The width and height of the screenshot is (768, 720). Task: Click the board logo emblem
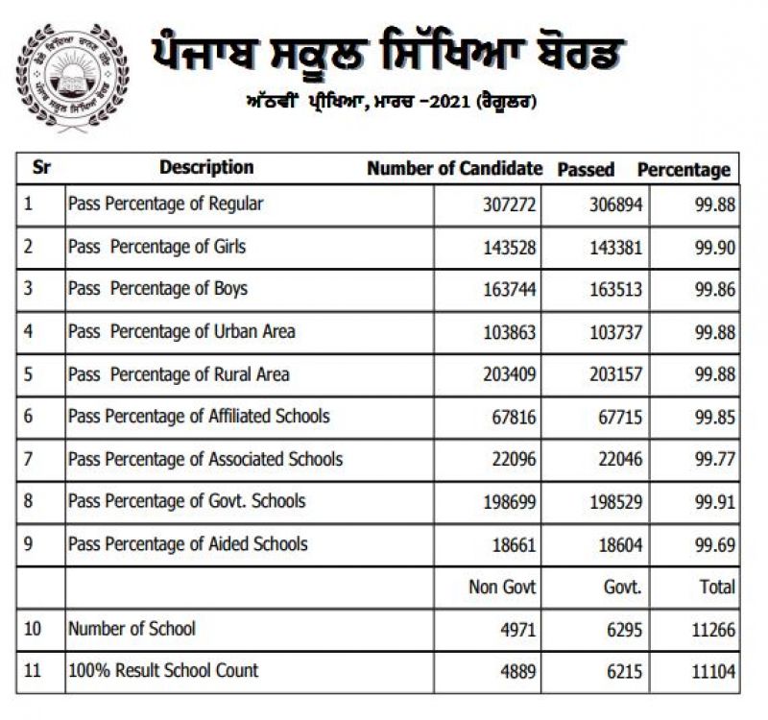72,77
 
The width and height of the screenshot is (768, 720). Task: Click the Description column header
206,168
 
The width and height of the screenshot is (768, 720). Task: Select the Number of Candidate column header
454,169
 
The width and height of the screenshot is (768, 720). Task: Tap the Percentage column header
684,170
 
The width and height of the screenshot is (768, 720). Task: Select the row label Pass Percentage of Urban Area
181,331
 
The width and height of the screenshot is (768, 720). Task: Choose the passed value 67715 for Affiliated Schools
618,418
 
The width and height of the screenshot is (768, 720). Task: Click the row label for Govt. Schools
186,500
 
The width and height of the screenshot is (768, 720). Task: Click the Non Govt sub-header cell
502,587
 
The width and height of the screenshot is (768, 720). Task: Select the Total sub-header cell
717,587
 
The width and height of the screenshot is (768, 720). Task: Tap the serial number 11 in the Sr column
33,671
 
